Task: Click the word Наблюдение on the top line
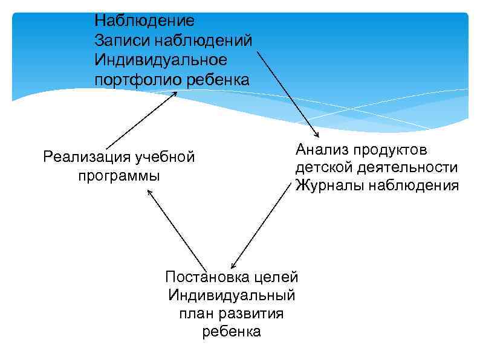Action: [144, 21]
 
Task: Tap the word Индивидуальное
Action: [161, 60]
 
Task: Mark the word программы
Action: [119, 176]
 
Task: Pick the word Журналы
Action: [326, 185]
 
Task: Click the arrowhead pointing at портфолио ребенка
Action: [175, 93]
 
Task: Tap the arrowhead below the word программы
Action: [149, 192]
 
